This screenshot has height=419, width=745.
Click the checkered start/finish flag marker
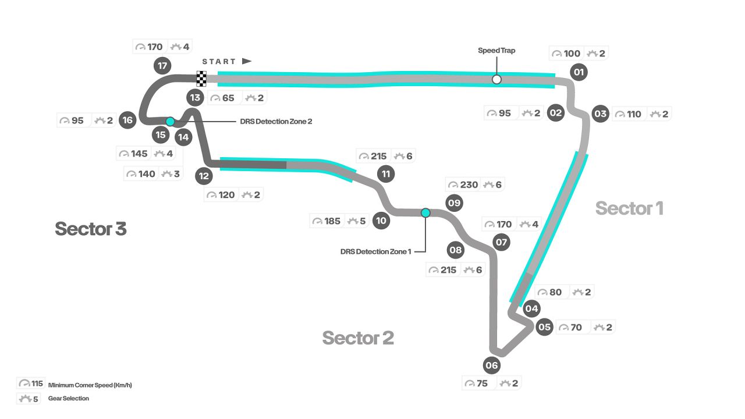[201, 78]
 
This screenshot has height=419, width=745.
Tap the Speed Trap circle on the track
[496, 79]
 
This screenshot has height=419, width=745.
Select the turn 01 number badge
[579, 72]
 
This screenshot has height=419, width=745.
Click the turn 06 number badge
[492, 365]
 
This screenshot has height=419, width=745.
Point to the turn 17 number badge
[162, 66]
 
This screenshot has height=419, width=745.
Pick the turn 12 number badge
[204, 175]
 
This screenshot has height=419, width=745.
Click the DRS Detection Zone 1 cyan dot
[425, 213]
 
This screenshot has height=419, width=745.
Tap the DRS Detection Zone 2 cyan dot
[170, 122]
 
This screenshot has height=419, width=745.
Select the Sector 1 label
[629, 208]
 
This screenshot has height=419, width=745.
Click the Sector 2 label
[358, 338]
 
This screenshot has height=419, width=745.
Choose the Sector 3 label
[91, 229]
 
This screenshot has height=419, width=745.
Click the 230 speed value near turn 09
[469, 185]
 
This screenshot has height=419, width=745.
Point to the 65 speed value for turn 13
[228, 98]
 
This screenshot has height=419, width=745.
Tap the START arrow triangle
[247, 61]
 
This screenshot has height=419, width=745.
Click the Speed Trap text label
[496, 51]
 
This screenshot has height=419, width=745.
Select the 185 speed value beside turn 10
[332, 221]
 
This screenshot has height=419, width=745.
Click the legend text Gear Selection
[69, 399]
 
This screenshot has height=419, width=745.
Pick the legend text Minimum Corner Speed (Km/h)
[90, 385]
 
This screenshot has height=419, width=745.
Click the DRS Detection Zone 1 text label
[376, 251]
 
